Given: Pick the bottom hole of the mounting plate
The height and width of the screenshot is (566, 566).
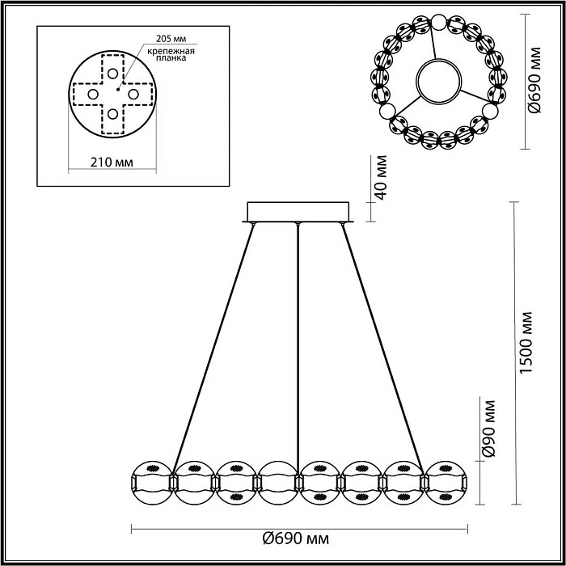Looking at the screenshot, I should pos(112,114).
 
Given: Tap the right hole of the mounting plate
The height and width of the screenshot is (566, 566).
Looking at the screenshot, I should pos(133,94).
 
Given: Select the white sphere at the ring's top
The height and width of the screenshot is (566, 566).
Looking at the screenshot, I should pos(438,23).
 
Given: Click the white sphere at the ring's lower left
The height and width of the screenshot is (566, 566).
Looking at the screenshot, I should pos(387,111).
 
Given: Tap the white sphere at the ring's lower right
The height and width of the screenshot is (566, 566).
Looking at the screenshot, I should pos(489,111).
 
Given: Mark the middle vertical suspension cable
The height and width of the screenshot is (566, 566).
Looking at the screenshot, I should pos(299,340).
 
